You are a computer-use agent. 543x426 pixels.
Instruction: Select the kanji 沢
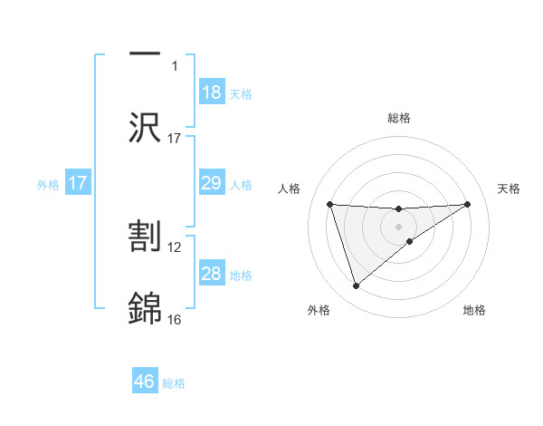tap(145, 128)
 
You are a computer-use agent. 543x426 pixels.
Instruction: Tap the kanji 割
tap(145, 237)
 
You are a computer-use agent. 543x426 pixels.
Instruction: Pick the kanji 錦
tap(145, 308)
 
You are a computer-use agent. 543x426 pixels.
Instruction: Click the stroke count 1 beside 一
tap(175, 66)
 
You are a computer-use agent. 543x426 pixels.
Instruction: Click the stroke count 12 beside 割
tap(175, 247)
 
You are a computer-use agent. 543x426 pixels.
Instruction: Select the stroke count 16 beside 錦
tap(175, 319)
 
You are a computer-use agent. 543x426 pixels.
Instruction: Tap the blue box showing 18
tap(212, 92)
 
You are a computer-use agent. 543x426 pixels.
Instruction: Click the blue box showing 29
tap(212, 183)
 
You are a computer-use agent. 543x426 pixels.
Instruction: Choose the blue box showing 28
tap(212, 274)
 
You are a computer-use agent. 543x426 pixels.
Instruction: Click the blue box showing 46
tap(145, 382)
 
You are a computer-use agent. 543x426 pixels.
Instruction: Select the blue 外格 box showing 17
tap(78, 183)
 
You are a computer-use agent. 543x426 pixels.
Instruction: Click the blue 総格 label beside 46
tap(174, 383)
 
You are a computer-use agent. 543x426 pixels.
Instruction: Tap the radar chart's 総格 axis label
tap(399, 118)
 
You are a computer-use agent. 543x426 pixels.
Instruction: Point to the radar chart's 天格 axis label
tap(510, 189)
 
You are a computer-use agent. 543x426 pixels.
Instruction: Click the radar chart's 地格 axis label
tap(474, 310)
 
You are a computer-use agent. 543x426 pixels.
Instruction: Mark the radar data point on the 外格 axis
tap(356, 286)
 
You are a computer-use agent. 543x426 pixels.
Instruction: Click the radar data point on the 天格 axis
tap(468, 204)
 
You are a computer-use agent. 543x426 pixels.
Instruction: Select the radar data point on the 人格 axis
tap(329, 204)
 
